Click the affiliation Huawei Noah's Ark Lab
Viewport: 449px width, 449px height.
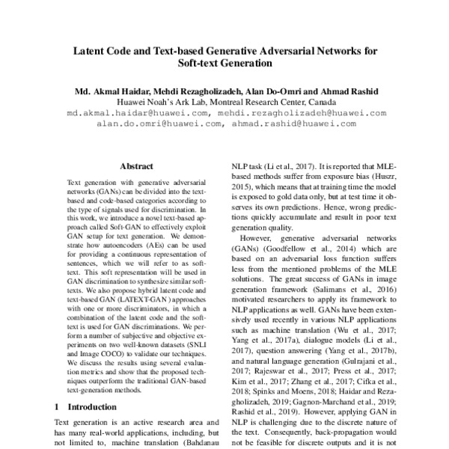click(162, 103)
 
